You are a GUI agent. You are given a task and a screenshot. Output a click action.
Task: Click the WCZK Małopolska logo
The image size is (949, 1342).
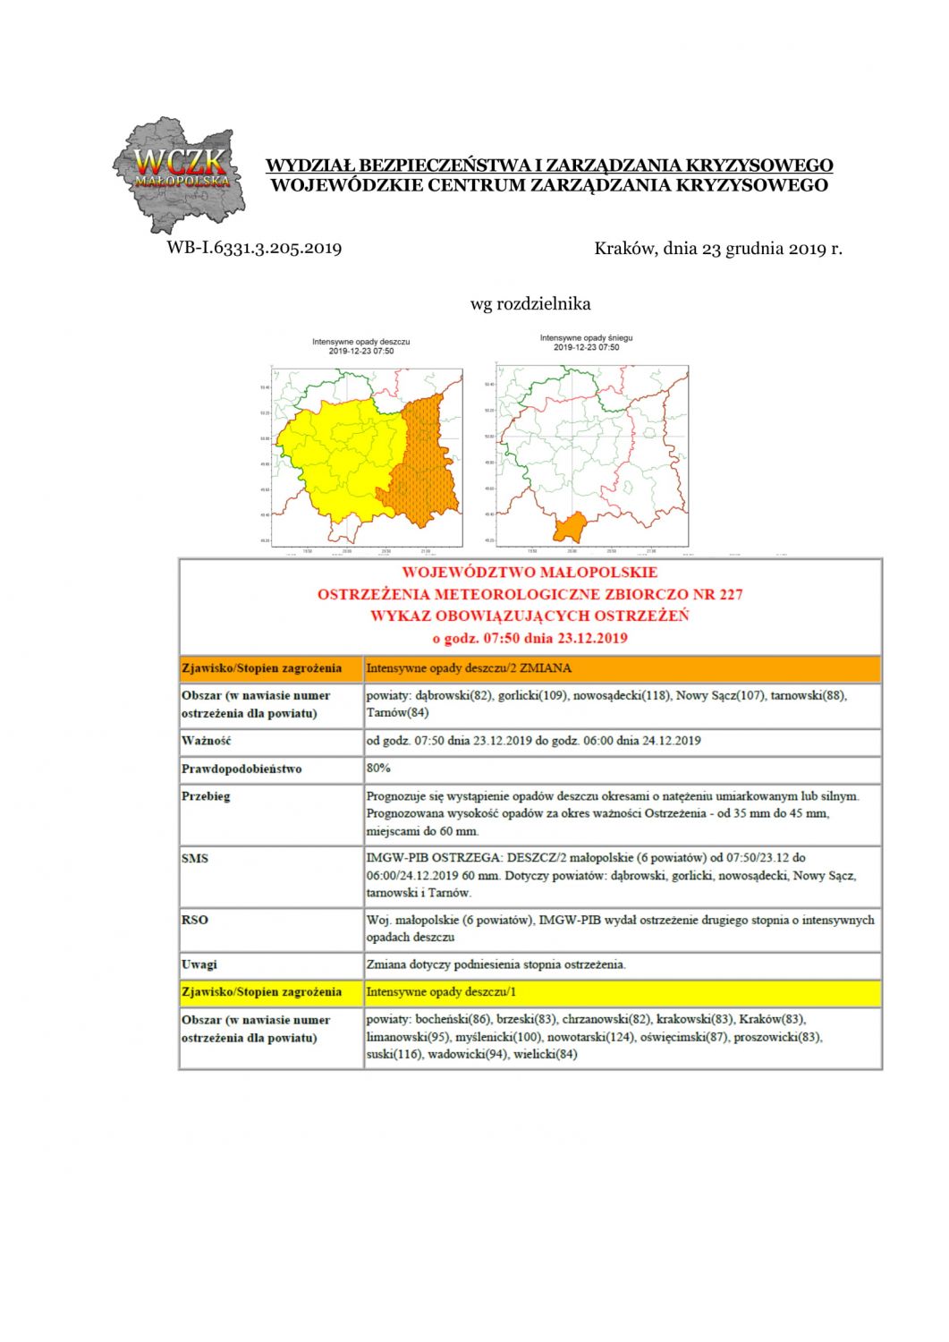tap(178, 174)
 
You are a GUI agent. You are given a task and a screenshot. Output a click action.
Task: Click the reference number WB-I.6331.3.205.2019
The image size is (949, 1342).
tap(254, 248)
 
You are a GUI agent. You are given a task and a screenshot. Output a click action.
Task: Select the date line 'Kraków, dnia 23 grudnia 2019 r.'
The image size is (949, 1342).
tap(717, 249)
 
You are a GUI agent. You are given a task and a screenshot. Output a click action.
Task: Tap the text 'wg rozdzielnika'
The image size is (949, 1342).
tap(530, 304)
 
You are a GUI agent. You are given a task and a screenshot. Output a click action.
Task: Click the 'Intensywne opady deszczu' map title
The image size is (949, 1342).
tap(361, 342)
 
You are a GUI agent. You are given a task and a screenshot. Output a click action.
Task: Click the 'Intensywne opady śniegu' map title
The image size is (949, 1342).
tap(586, 338)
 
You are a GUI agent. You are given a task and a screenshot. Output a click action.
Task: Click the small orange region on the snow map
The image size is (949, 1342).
tap(569, 527)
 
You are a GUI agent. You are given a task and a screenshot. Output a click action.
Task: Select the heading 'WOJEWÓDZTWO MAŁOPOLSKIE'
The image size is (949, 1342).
tap(530, 573)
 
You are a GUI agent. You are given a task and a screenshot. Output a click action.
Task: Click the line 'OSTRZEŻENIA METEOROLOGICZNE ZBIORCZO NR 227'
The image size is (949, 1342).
tap(530, 594)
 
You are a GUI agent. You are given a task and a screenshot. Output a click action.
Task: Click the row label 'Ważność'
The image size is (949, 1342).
tap(207, 741)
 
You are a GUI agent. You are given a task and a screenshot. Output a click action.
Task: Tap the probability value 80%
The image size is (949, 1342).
tap(378, 768)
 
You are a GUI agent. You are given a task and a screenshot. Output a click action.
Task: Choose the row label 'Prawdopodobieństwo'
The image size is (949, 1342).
tap(241, 769)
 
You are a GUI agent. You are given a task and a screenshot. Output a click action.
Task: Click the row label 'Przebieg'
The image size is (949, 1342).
tap(206, 796)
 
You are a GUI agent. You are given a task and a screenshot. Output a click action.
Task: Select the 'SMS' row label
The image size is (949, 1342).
tap(195, 858)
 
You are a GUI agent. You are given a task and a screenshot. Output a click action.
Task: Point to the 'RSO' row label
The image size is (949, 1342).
tap(194, 920)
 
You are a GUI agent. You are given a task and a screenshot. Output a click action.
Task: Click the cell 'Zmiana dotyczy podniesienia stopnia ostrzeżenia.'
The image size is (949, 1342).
tap(496, 964)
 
